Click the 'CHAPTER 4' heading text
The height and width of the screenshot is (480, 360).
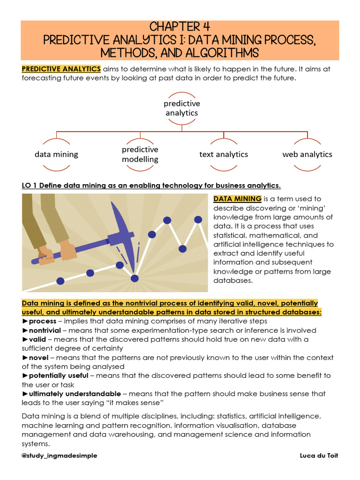(180, 27)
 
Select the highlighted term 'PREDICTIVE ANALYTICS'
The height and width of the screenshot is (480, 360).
(61, 69)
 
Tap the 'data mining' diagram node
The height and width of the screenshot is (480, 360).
(56, 154)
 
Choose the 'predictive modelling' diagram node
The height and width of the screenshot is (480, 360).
(140, 154)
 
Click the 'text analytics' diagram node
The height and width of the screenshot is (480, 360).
(224, 154)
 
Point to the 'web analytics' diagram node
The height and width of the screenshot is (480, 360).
(307, 154)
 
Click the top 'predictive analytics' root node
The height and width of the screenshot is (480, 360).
(182, 108)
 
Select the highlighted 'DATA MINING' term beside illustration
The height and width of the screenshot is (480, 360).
(237, 199)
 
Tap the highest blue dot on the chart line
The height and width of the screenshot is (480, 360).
(198, 219)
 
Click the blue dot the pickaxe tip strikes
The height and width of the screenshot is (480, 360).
(135, 278)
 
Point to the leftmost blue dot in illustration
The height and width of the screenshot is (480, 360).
(60, 281)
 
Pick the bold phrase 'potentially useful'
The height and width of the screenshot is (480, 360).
(59, 376)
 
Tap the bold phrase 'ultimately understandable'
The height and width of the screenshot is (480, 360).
(75, 394)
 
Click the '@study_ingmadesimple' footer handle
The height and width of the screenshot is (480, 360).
(60, 456)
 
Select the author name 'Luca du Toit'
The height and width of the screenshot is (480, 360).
(318, 456)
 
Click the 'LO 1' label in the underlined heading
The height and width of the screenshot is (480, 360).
(30, 185)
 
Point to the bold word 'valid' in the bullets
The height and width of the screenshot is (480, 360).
(38, 339)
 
